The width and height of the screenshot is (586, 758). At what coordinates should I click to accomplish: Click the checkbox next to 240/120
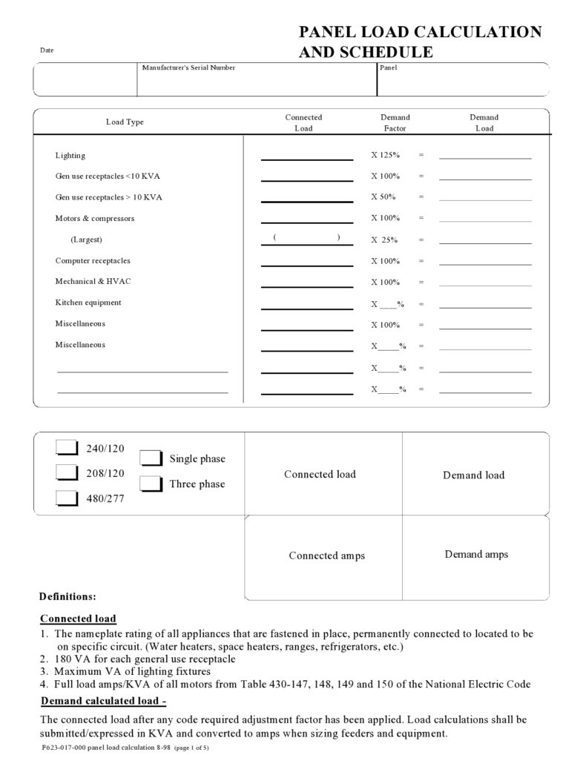67,447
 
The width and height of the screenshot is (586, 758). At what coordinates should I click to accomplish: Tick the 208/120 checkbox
67,472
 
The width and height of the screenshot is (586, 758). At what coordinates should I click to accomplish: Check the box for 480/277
67,498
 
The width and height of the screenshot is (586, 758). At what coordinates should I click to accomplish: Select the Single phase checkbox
151,458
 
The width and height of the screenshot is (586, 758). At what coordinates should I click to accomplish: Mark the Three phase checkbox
151,484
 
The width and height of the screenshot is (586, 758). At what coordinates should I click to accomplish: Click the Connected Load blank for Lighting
306,155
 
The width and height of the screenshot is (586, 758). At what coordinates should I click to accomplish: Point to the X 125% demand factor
386,156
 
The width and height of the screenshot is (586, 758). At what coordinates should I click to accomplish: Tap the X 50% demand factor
383,197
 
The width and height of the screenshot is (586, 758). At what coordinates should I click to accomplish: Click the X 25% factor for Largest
384,240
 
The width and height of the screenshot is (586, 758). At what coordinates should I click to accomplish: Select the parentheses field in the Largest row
306,237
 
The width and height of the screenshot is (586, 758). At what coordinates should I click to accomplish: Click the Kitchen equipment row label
88,303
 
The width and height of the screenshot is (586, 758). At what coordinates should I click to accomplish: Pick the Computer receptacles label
93,261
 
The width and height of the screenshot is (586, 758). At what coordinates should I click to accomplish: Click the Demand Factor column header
395,122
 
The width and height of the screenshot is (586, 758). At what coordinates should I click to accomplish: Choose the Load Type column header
125,122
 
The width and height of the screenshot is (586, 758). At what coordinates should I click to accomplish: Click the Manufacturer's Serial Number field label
188,68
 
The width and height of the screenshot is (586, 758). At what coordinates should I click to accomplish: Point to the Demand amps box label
476,554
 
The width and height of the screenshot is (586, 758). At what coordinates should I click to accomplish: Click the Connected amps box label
326,556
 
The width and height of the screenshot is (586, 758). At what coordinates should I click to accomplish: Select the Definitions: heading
67,596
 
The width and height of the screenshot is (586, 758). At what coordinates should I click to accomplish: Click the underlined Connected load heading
78,619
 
